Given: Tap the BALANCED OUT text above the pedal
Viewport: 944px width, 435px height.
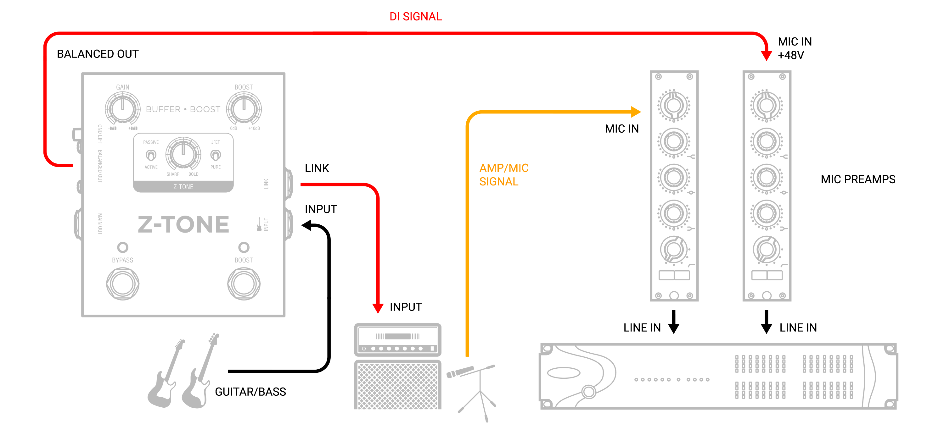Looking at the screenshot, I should pyautogui.click(x=98, y=54).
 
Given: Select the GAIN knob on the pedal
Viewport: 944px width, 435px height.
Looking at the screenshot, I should pyautogui.click(x=122, y=108).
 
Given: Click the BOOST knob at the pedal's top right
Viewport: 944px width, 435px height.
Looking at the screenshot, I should pyautogui.click(x=244, y=108).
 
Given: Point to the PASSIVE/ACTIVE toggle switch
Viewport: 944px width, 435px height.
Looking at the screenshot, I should pyautogui.click(x=151, y=155).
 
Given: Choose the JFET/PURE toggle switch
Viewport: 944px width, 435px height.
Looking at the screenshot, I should pyautogui.click(x=216, y=155).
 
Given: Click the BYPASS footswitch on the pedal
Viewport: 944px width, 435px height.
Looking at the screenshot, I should pyautogui.click(x=122, y=284).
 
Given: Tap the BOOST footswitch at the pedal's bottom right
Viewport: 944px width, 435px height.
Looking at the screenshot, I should pyautogui.click(x=244, y=284).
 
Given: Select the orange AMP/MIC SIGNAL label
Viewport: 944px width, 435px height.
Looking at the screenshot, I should pyautogui.click(x=503, y=175).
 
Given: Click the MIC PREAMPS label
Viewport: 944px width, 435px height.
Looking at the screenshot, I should pyautogui.click(x=857, y=179).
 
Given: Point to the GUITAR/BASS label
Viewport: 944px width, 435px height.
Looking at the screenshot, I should pyautogui.click(x=250, y=392).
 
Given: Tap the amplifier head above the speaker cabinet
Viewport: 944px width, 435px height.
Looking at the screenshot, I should pyautogui.click(x=398, y=339).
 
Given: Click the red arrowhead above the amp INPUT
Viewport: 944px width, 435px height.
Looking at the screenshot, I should pyautogui.click(x=378, y=308).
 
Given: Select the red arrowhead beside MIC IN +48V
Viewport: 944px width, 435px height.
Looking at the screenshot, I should pyautogui.click(x=766, y=55).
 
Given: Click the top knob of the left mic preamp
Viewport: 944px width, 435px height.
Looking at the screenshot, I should pyautogui.click(x=674, y=106).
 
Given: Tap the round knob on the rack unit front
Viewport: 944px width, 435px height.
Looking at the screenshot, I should pyautogui.click(x=588, y=391).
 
